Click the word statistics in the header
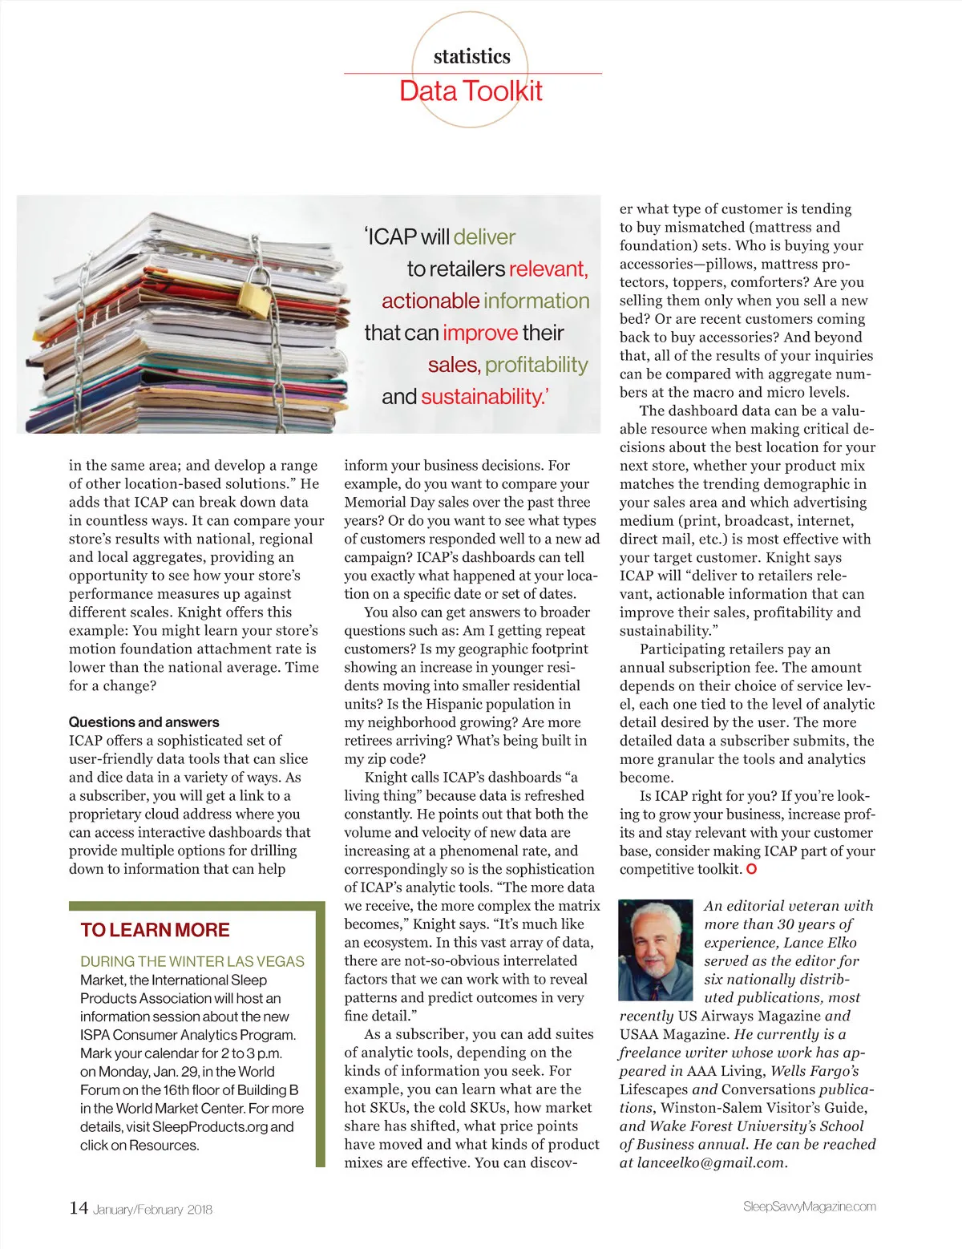(471, 56)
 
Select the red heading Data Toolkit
(471, 91)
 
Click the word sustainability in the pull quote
(479, 397)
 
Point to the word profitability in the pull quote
(536, 365)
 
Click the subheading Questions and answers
(143, 722)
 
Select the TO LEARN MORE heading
(155, 930)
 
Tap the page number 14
(78, 1208)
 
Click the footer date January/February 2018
(152, 1210)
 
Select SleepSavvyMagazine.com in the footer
(809, 1207)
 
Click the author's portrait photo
(655, 950)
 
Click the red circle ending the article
(751, 869)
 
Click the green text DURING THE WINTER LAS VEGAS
(192, 961)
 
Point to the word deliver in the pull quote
(484, 237)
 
